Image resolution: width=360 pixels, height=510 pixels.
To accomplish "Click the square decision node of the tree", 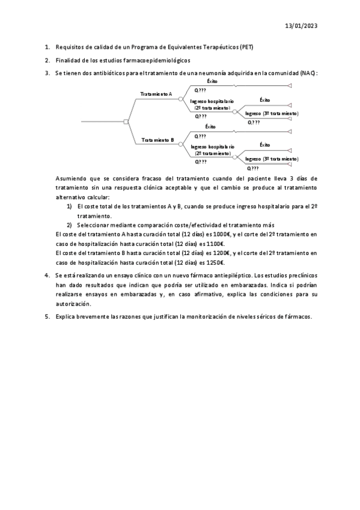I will pyautogui.click(x=126, y=121).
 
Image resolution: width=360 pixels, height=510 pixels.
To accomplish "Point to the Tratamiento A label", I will pyautogui.click(x=156, y=94).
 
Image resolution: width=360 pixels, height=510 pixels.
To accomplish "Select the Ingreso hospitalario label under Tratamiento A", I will pyautogui.click(x=212, y=102).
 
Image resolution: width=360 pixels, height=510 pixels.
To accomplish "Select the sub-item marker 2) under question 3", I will pyautogui.click(x=69, y=226).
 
